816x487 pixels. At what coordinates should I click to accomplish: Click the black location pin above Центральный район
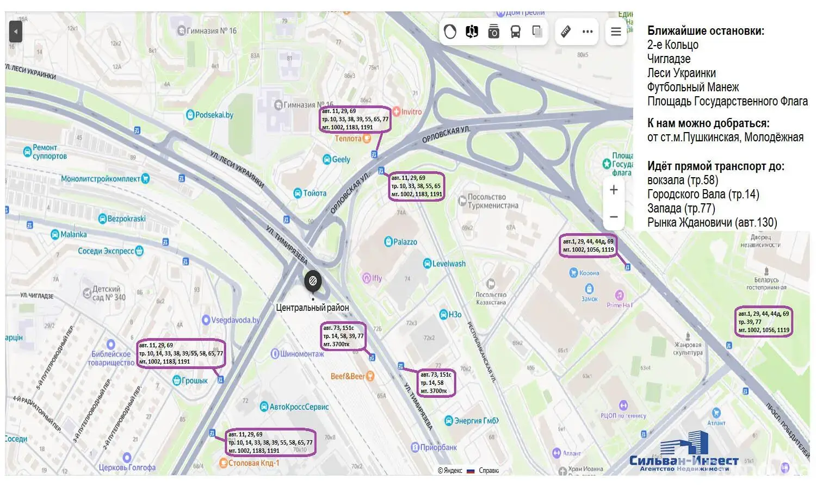(x=313, y=282)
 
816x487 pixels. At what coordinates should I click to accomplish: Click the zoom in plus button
(x=614, y=190)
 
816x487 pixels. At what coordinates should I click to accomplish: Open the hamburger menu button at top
(x=616, y=32)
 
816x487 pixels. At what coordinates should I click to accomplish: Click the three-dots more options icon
(x=588, y=32)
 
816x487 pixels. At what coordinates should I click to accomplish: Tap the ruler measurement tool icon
(x=566, y=32)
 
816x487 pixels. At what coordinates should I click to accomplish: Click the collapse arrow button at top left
(x=16, y=32)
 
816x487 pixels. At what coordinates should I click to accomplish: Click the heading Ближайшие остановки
(x=706, y=31)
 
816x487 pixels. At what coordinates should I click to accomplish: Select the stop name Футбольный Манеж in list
(x=693, y=87)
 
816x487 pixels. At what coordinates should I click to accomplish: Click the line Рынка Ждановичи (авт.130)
(x=712, y=222)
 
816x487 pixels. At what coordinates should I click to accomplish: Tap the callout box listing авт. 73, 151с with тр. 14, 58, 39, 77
(x=343, y=336)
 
